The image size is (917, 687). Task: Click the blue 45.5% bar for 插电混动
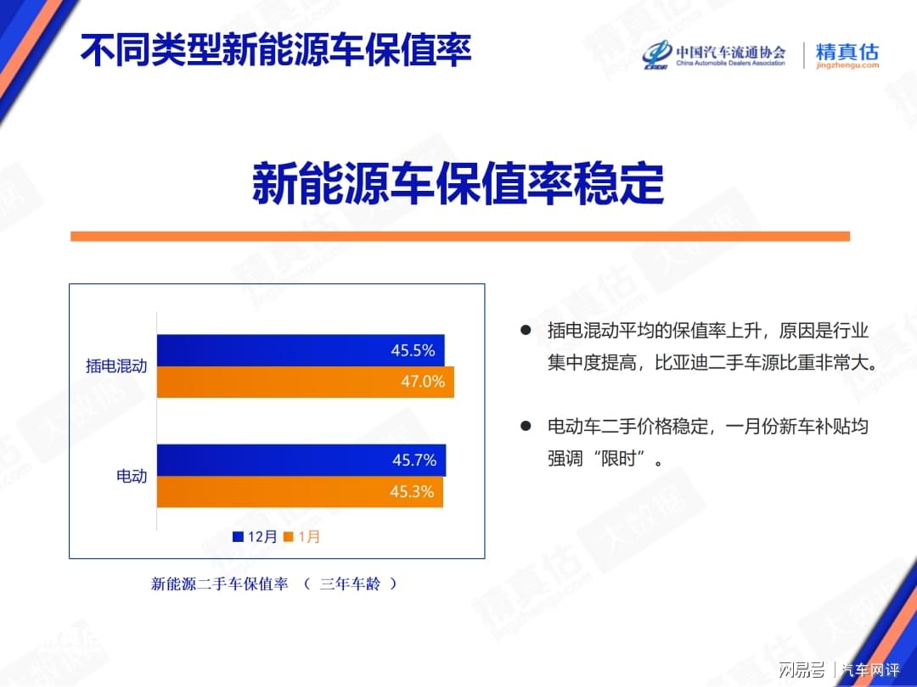301,350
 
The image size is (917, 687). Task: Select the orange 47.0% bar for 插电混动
306,382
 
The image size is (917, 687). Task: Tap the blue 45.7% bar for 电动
301,461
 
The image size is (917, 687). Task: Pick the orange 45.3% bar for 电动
300,492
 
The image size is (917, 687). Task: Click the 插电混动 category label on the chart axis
116,366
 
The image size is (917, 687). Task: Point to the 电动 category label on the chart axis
132,476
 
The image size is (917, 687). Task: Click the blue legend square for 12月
238,537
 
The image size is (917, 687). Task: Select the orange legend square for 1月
288,537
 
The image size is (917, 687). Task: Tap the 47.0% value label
423,382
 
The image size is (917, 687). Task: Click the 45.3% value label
413,492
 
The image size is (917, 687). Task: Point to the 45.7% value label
414,461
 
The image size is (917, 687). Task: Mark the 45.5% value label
413,350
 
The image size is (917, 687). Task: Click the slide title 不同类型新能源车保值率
275,50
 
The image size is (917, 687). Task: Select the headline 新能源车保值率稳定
458,184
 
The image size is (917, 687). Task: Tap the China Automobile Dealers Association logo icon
657,55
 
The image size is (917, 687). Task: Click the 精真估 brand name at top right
847,52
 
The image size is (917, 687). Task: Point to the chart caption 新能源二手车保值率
220,584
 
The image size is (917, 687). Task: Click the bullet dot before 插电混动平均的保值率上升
526,330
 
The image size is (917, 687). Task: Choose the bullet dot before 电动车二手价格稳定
526,426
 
